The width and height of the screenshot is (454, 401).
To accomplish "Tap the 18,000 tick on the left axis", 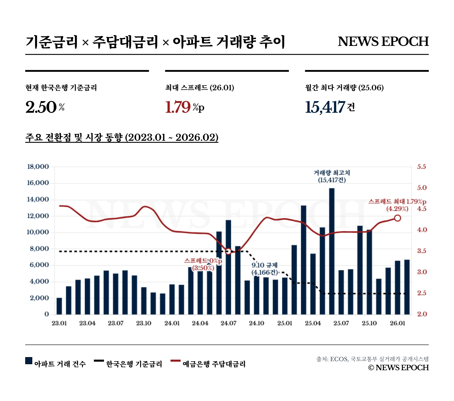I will [38, 167].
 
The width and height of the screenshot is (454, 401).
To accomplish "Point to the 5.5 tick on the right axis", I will [421, 167].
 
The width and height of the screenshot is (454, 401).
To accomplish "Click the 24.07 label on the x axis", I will [228, 323].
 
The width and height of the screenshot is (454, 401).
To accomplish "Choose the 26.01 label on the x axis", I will [398, 323].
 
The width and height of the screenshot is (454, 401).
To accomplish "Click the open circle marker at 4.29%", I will [398, 218].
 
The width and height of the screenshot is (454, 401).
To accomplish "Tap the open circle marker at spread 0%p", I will [228, 251].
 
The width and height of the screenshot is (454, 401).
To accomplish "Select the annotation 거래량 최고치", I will [332, 173].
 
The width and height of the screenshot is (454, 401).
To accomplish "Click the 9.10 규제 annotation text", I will [265, 265].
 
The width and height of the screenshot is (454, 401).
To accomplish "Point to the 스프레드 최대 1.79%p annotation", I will [397, 202].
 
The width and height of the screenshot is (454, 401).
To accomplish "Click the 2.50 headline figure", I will [41, 107].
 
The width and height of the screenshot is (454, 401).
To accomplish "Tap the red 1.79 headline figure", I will [178, 107].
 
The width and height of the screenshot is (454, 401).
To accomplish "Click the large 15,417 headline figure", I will [325, 107].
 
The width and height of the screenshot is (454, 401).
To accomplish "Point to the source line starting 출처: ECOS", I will [372, 359].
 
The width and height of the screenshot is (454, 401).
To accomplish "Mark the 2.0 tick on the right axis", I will [422, 314].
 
